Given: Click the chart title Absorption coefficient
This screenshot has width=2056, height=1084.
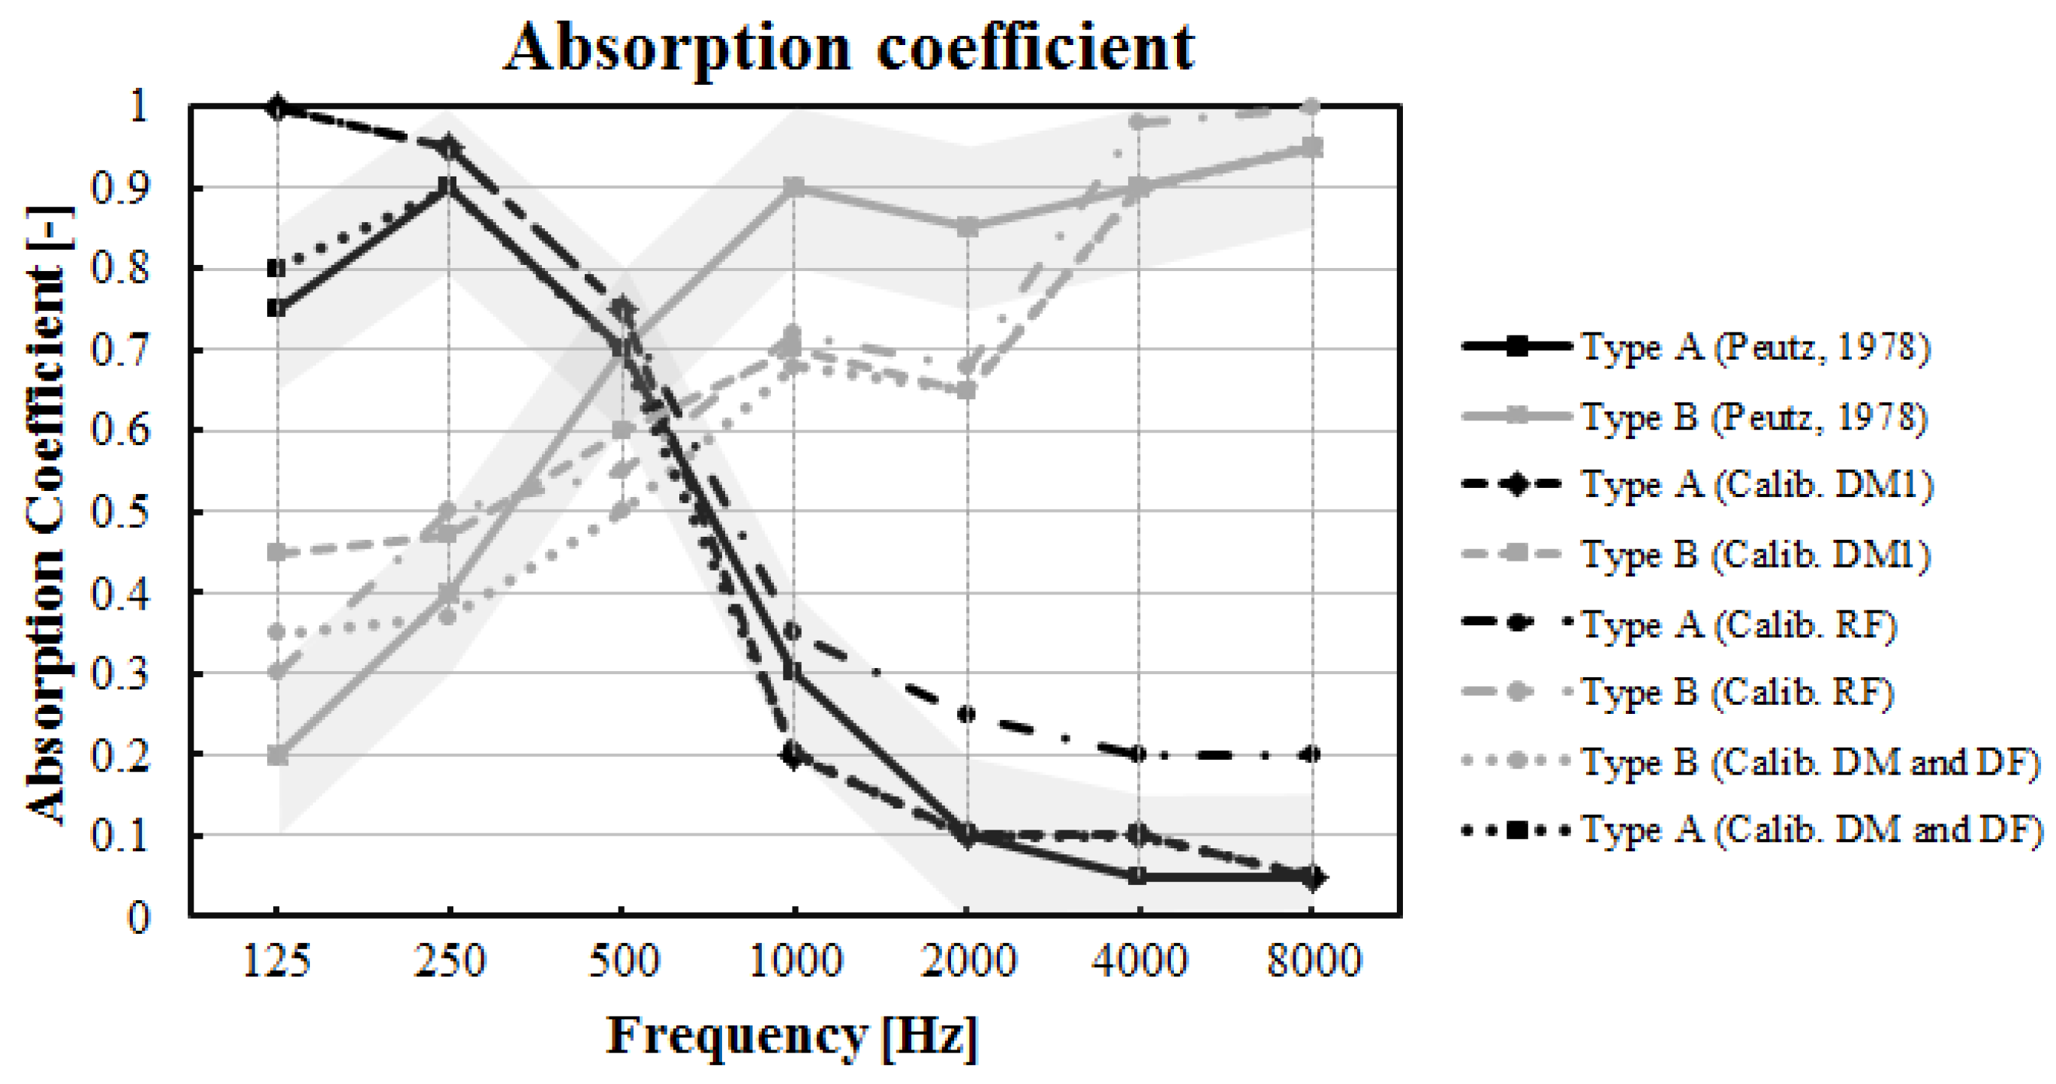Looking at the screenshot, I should [x=849, y=48].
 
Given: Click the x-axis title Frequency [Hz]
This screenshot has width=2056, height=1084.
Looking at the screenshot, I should [x=792, y=1036].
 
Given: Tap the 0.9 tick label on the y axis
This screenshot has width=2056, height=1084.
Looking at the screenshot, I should [x=119, y=188].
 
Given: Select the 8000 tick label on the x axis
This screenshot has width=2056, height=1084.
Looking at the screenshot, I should [x=1313, y=961].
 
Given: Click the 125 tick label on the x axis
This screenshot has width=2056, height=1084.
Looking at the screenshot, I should [x=276, y=961].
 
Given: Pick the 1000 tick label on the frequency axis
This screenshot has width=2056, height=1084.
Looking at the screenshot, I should [x=795, y=961].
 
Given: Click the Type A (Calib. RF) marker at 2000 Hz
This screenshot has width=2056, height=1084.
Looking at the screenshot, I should [x=967, y=714].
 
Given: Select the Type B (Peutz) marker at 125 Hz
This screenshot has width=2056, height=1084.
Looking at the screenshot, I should [x=277, y=755].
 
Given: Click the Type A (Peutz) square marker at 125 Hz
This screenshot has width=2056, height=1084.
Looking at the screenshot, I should [x=277, y=308].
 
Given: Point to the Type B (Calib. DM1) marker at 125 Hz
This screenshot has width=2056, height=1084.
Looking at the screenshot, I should [x=277, y=553].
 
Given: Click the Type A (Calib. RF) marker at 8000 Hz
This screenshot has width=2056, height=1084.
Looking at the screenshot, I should [x=1311, y=754].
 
